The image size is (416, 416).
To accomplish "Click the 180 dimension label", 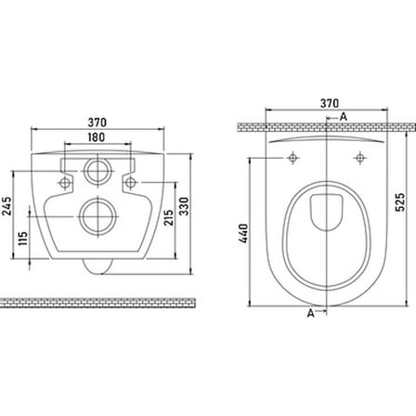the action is [97, 137].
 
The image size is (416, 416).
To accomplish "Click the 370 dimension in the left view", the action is [97, 123].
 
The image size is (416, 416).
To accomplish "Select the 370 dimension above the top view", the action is [330, 103].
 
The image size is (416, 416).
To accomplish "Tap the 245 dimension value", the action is [6, 206].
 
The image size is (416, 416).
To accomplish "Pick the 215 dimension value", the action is [168, 217].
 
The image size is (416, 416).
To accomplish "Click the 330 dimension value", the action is [184, 206].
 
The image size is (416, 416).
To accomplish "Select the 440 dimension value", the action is [243, 234].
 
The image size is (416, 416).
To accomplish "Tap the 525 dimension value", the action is [400, 202].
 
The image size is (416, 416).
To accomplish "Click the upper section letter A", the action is [344, 117].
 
